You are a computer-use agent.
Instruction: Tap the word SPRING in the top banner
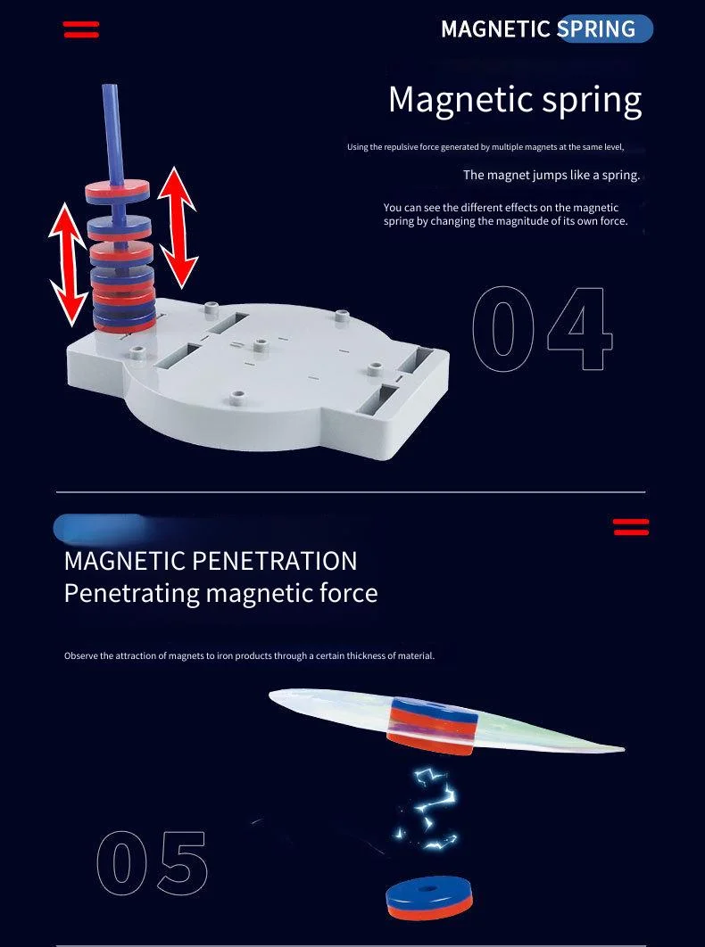596,29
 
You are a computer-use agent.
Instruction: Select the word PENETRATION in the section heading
275,561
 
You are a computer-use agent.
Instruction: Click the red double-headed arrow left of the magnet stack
69,265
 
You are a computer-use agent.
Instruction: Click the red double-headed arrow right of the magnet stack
178,227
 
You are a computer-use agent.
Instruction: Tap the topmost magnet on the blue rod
117,192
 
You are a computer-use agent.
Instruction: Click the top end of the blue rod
110,87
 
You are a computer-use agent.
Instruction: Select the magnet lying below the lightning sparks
430,897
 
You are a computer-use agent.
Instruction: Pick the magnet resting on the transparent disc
433,725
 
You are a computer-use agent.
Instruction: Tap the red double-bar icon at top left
81,29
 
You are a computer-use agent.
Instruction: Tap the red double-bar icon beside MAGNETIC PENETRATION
631,527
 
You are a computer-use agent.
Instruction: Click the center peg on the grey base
261,343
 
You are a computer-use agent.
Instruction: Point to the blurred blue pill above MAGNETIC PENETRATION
100,528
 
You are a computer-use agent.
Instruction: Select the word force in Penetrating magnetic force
348,592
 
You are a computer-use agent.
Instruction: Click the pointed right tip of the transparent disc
625,750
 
